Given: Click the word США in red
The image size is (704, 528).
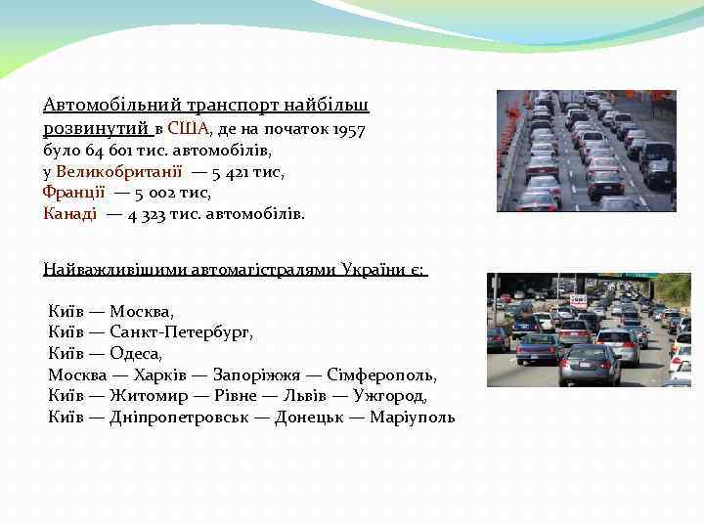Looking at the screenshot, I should coord(188,128).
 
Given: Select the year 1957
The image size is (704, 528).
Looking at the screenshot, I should coord(349,128).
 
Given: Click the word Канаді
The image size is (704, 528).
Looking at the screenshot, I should coord(69,213).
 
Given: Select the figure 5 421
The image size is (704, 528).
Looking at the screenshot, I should coord(233,171).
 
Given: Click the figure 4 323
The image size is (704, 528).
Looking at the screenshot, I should coord(146,213).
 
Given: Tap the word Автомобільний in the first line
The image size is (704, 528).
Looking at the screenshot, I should coord(100,104).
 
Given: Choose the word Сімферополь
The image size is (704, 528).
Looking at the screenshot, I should coord(386,374).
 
